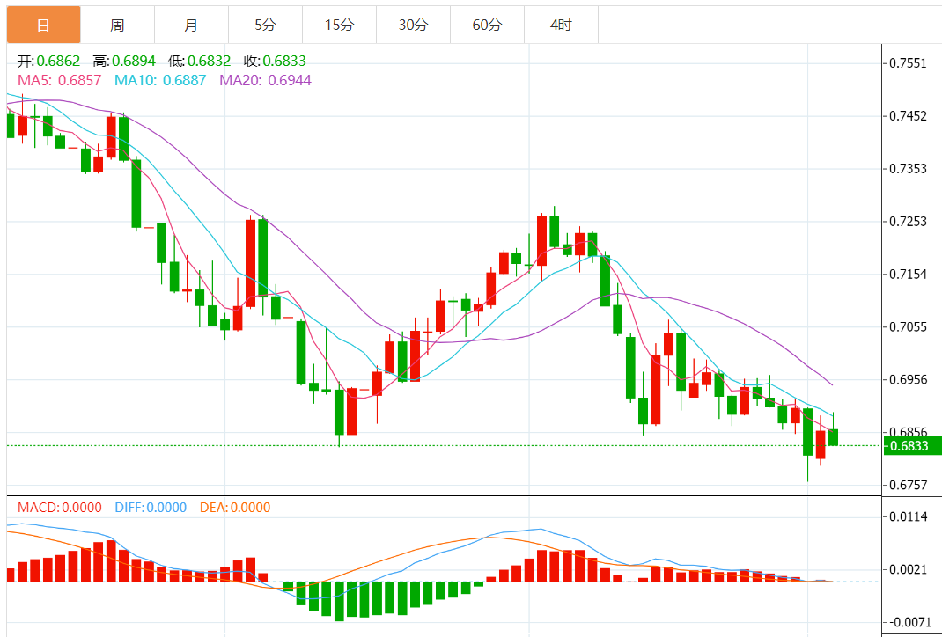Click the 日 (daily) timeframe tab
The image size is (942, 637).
(43, 26)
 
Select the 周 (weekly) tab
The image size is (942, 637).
(117, 26)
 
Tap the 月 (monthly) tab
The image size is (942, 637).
(191, 26)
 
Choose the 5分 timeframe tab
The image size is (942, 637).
(265, 26)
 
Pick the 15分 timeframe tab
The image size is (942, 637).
(339, 26)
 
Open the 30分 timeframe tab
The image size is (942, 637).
(413, 26)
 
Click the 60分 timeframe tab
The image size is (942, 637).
(487, 26)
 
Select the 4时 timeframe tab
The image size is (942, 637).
(561, 26)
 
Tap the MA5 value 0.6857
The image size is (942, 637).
(80, 80)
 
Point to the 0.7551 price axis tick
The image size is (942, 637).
(908, 63)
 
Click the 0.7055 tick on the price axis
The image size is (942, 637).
(908, 326)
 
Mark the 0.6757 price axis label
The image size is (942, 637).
(908, 485)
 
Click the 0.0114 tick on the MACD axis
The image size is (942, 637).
(908, 516)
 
